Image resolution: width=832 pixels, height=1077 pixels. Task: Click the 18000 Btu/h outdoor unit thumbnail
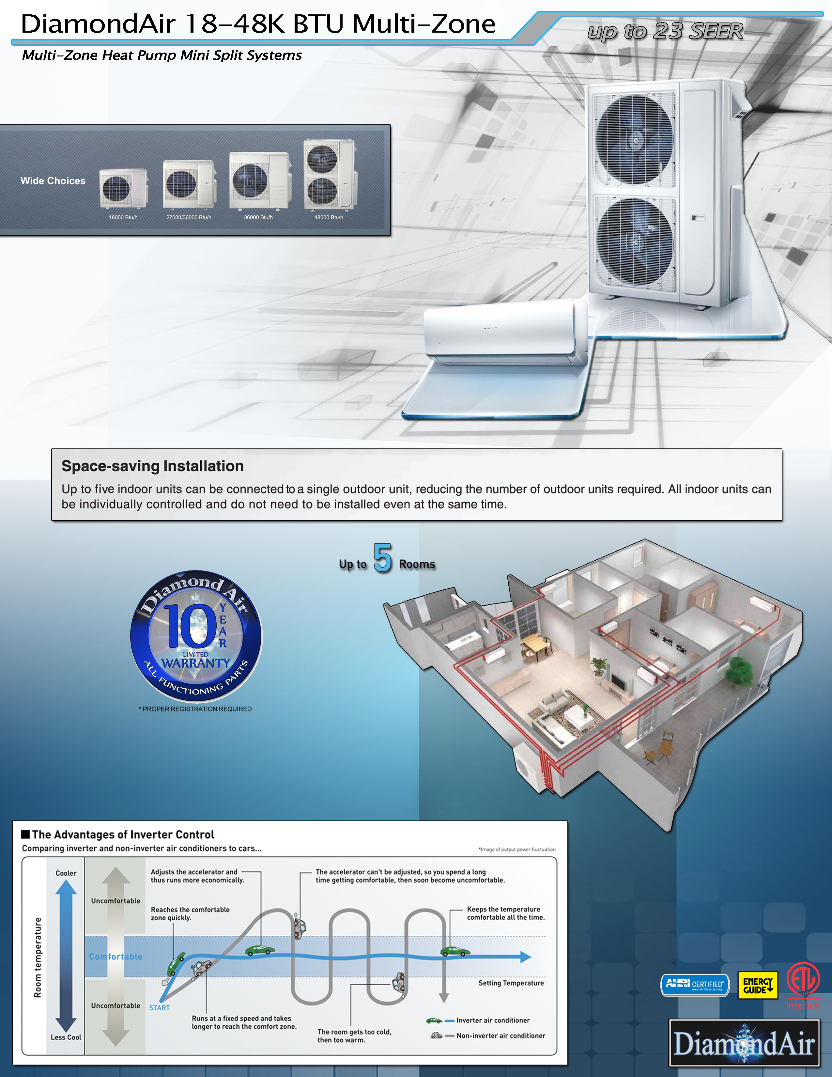[123, 188]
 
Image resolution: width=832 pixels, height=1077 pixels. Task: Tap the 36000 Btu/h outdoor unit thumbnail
[259, 180]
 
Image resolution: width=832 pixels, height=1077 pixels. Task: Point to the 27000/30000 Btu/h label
[189, 217]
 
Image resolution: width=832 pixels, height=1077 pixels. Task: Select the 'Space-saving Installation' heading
[152, 466]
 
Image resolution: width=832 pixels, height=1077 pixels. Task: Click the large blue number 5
[382, 558]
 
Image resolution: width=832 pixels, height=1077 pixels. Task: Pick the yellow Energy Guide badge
[757, 985]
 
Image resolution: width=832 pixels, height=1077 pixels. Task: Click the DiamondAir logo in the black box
[744, 1042]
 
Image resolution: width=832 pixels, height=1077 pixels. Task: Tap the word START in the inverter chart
[159, 1008]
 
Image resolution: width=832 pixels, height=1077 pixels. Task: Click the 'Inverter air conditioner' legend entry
[492, 1020]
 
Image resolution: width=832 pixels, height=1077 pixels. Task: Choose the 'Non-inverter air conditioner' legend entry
[500, 1036]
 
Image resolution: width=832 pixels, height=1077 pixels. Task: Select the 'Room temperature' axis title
[38, 957]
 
